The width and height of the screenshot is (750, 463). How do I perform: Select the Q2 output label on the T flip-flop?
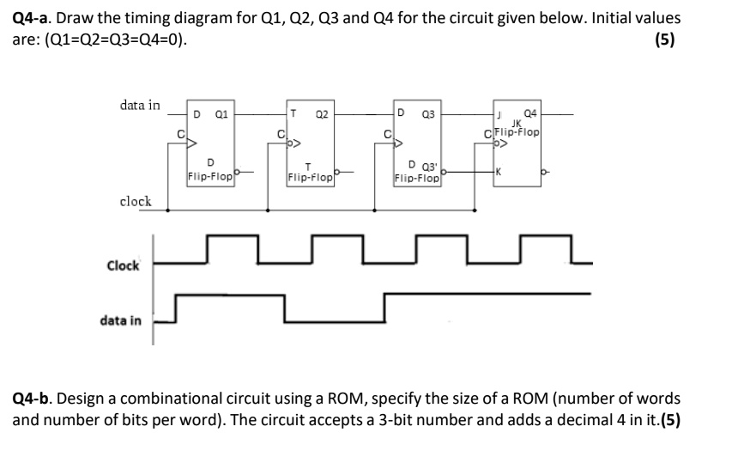pyautogui.click(x=321, y=113)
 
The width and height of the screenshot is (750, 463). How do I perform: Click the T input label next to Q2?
pyautogui.click(x=294, y=113)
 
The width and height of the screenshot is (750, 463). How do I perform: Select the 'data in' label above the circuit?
pyautogui.click(x=140, y=105)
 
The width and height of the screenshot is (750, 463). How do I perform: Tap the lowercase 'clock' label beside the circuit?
pyautogui.click(x=136, y=201)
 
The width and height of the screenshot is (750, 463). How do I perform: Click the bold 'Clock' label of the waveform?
pyautogui.click(x=123, y=265)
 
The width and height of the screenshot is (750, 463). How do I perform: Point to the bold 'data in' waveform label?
pyautogui.click(x=121, y=320)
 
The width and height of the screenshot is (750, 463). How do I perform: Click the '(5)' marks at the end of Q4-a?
pyautogui.click(x=662, y=40)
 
